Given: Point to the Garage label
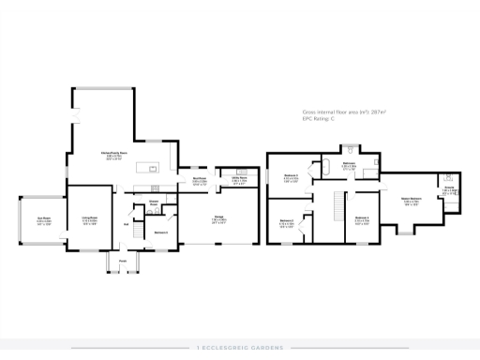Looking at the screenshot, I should (x=217, y=220).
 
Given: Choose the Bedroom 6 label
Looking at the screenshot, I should (x=160, y=232).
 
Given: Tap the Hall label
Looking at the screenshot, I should (x=126, y=224).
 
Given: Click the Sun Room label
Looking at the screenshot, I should (x=43, y=220).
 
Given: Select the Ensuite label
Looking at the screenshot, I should (x=449, y=189).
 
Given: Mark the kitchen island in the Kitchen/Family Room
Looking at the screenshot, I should (x=147, y=168).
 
